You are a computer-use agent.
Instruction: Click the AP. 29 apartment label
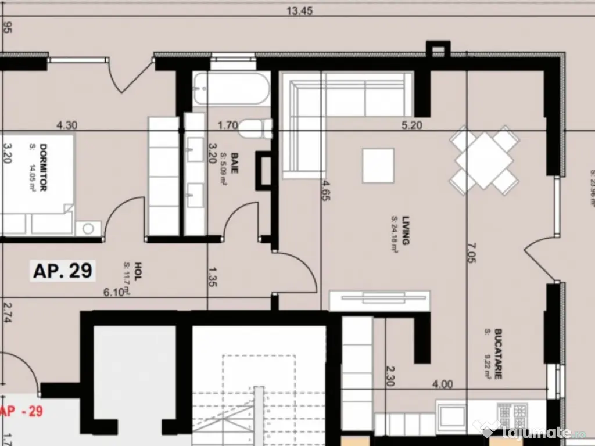[x=63, y=271]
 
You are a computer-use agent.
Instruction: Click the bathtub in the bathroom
[x=231, y=89]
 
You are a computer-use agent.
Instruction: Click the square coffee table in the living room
[x=378, y=166]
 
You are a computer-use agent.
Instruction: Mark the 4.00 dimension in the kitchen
[x=442, y=384]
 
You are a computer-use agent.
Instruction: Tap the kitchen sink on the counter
[x=452, y=416]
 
